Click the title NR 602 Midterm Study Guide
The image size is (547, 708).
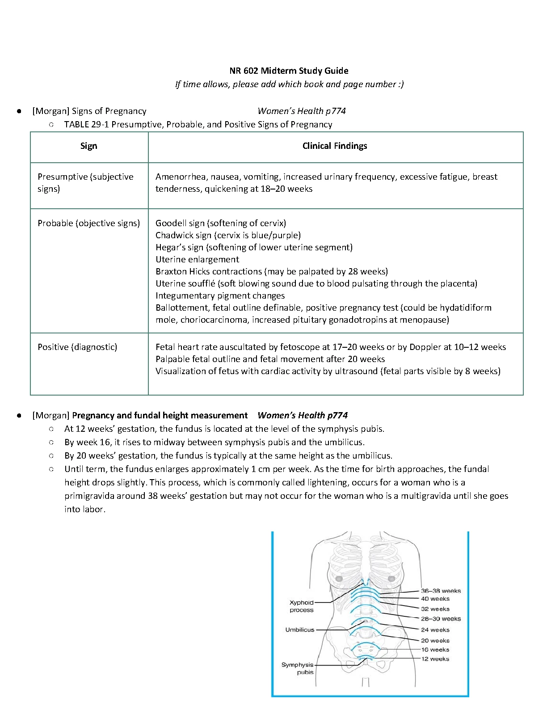289,71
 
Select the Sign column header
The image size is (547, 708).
88,146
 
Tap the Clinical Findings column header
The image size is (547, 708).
335,146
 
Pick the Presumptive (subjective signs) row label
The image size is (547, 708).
85,182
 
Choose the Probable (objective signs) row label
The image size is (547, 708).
88,223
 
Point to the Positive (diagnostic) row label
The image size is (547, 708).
77,347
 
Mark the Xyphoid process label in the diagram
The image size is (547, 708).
302,606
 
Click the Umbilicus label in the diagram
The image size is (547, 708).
300,630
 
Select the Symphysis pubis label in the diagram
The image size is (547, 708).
298,668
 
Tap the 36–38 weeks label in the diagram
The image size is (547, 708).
441,591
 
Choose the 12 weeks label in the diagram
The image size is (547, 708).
435,659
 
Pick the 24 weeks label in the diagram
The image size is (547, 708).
435,630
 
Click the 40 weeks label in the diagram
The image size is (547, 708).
435,599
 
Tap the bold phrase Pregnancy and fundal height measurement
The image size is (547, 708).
160,415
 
